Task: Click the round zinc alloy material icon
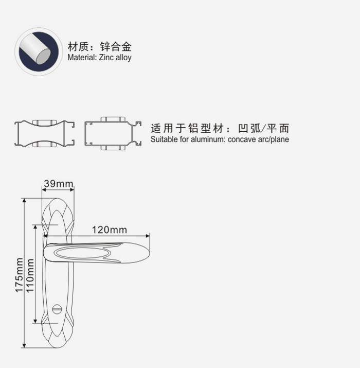[39, 51]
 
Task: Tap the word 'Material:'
[82, 58]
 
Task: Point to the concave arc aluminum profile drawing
[45, 133]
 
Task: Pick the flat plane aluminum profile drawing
[113, 133]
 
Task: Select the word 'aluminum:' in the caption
[209, 139]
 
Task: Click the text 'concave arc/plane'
[258, 139]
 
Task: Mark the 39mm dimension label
[58, 184]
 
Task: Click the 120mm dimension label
[109, 230]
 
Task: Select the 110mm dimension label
[30, 275]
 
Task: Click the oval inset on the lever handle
[83, 252]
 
